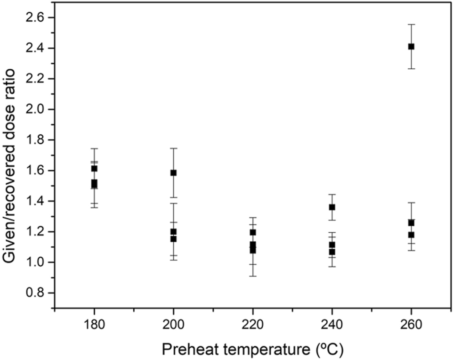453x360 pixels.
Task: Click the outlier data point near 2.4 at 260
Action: (x=411, y=46)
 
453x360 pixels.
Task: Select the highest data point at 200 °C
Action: (x=173, y=172)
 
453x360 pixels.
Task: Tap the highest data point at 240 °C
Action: (x=332, y=207)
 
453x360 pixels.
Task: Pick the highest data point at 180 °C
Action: (x=94, y=168)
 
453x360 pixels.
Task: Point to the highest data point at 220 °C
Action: (x=253, y=232)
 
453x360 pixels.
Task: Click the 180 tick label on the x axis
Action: (x=94, y=325)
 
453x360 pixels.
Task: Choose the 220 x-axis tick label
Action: (x=253, y=325)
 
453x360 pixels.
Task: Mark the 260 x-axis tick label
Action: (x=411, y=325)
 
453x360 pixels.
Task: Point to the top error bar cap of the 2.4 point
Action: (x=411, y=24)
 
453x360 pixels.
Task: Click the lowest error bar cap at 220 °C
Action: (x=253, y=276)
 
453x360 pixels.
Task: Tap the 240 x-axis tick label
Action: (x=332, y=325)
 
